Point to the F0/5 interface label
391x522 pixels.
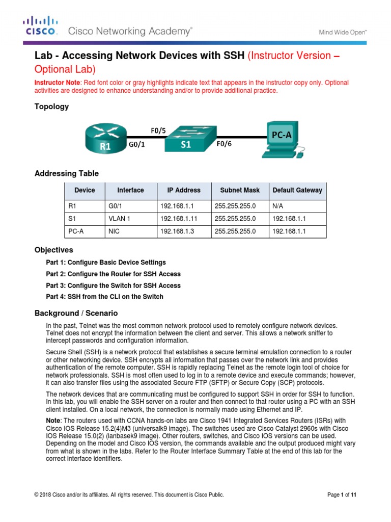(x=158, y=130)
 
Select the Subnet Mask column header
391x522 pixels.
(x=239, y=190)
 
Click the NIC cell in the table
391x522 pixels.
(x=114, y=231)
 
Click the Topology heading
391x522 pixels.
(x=51, y=107)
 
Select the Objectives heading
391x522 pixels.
(x=53, y=250)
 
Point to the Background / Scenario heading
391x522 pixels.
(x=76, y=313)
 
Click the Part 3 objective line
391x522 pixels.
(x=113, y=285)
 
